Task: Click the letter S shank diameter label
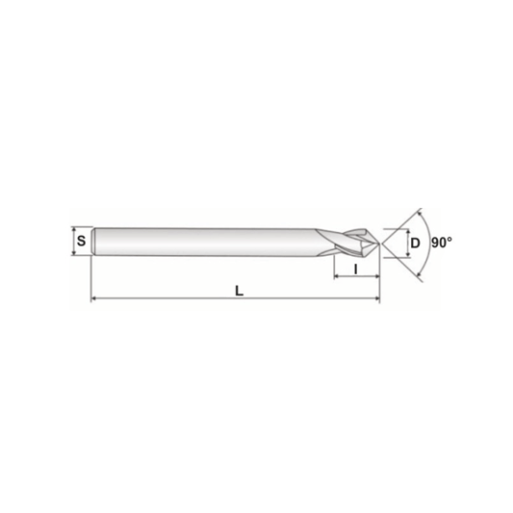point(81,242)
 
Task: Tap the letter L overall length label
point(239,291)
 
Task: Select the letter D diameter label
point(415,244)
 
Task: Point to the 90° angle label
point(442,243)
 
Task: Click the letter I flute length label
point(356,269)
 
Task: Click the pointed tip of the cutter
point(379,244)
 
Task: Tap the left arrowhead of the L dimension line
point(94,298)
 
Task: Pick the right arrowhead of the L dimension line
point(377,298)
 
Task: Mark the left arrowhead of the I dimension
point(337,276)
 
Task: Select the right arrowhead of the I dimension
point(376,276)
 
